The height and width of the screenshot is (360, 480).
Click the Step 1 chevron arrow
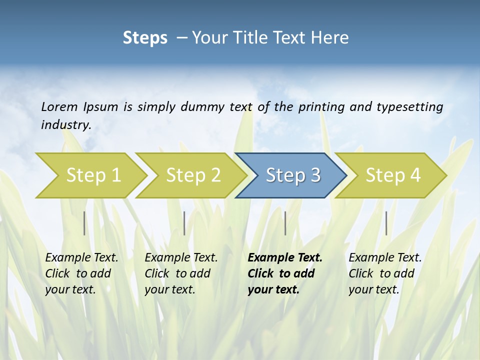point(90,175)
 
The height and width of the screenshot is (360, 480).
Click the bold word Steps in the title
point(145,38)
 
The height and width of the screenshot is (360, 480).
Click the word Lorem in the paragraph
point(59,106)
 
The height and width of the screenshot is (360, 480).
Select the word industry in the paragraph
point(65,124)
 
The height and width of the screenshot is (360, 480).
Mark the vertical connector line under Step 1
point(84,223)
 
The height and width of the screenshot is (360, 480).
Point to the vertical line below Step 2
point(184,223)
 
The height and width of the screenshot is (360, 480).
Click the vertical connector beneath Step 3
point(285,223)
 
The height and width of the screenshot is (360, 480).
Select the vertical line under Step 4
point(386,223)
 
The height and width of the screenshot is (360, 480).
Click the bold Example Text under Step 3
point(285,258)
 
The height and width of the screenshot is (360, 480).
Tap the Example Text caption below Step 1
point(81,258)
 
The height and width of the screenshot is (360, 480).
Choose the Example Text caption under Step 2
point(181,258)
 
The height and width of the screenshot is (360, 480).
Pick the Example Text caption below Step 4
point(385,258)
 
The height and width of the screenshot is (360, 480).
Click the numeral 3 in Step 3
point(315,175)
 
